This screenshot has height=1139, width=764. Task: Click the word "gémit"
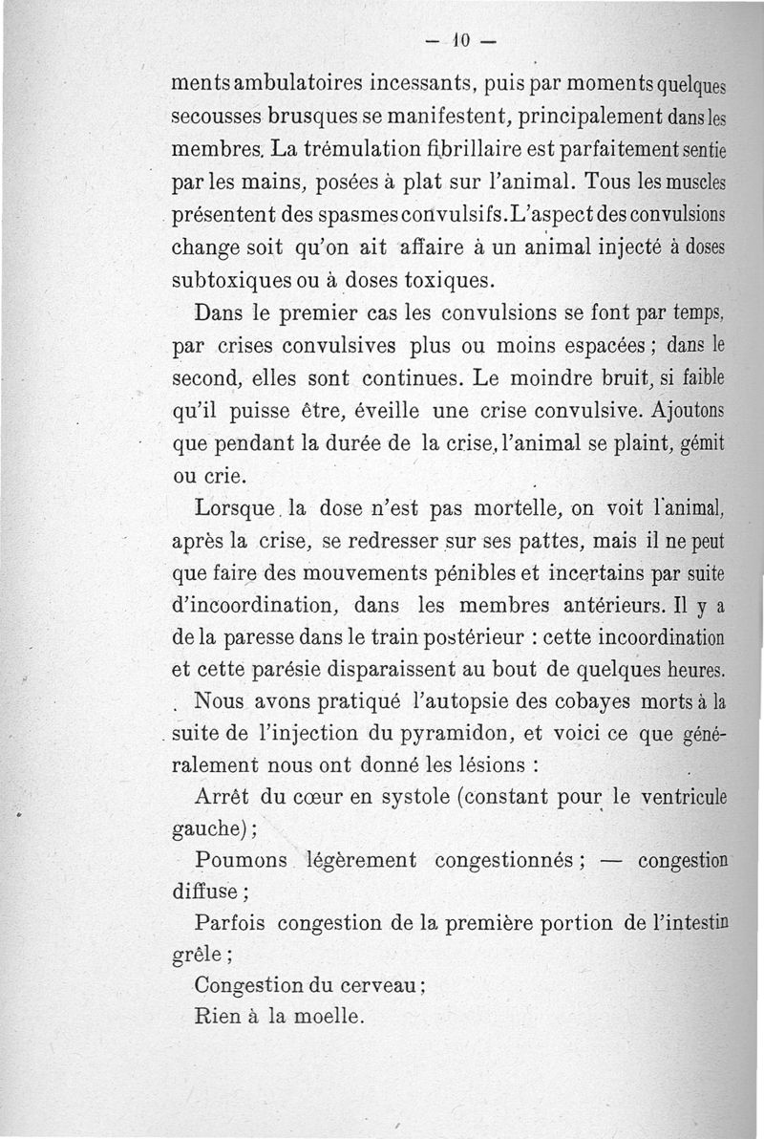pyautogui.click(x=702, y=444)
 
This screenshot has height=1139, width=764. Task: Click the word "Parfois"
pyautogui.click(x=228, y=922)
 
